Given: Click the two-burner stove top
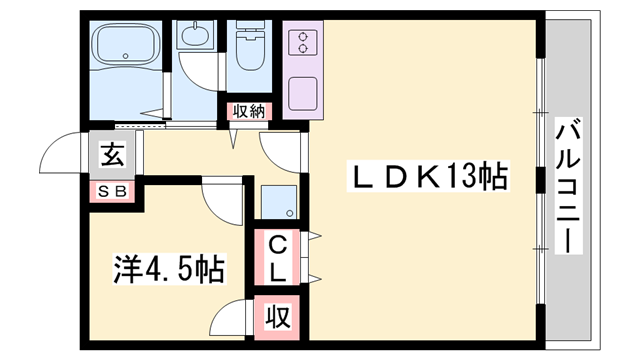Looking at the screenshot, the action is click(300, 43).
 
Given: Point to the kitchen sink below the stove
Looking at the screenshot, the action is click(300, 95).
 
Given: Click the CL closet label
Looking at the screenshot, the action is click(278, 256).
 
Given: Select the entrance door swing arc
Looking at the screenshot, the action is click(58, 155).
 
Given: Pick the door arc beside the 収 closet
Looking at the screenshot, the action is click(233, 317).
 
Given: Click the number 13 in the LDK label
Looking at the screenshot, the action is click(461, 178).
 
